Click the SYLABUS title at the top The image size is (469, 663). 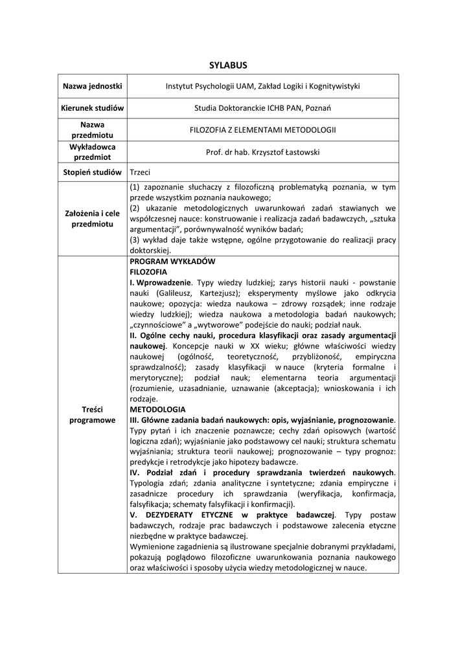tap(228, 65)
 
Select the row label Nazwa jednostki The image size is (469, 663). tap(92, 86)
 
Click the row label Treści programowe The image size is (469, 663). tap(92, 414)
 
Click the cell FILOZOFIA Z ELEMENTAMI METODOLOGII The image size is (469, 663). tap(262, 129)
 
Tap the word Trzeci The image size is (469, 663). tap(141, 172)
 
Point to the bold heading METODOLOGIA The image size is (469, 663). tap(157, 409)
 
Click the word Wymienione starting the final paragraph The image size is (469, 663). tap(155, 546)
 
